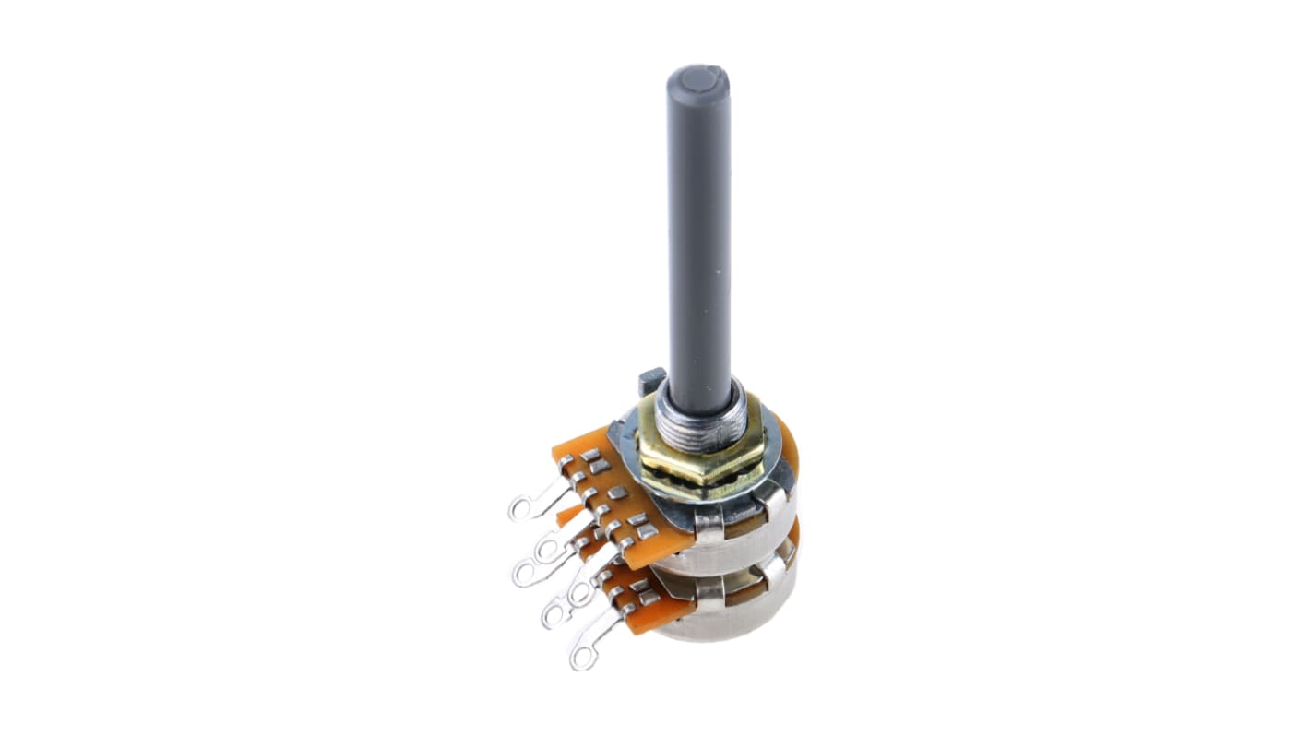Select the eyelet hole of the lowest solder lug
pyautogui.click(x=580, y=658)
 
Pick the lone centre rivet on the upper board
pyautogui.click(x=616, y=493)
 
